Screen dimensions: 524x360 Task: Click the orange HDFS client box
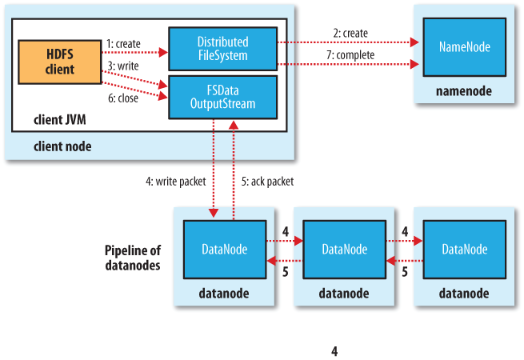coord(60,62)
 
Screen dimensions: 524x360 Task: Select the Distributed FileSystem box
coord(223,49)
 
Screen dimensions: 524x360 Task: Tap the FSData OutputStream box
coord(223,97)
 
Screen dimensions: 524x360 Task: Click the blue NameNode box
coord(465,47)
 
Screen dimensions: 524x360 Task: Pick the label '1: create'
coord(123,44)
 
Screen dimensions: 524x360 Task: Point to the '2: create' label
coord(350,33)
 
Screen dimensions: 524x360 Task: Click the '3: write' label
coord(123,66)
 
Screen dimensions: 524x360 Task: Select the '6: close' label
coord(123,98)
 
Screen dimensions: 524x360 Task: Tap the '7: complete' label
coord(350,55)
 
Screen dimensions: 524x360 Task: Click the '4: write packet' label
coord(176,182)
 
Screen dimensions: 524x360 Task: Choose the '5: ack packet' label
coord(268,182)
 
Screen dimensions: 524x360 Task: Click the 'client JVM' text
coord(60,120)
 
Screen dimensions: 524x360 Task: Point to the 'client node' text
coord(62,146)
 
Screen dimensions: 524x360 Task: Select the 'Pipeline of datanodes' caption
coord(133,258)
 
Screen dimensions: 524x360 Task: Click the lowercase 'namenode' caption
coord(464,91)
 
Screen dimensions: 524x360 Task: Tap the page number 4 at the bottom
coord(334,351)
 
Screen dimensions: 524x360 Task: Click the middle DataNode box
coord(345,250)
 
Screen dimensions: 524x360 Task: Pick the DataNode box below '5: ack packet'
coord(225,250)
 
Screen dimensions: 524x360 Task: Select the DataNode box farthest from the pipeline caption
coord(465,250)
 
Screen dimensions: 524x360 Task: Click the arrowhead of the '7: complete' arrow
coord(414,64)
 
